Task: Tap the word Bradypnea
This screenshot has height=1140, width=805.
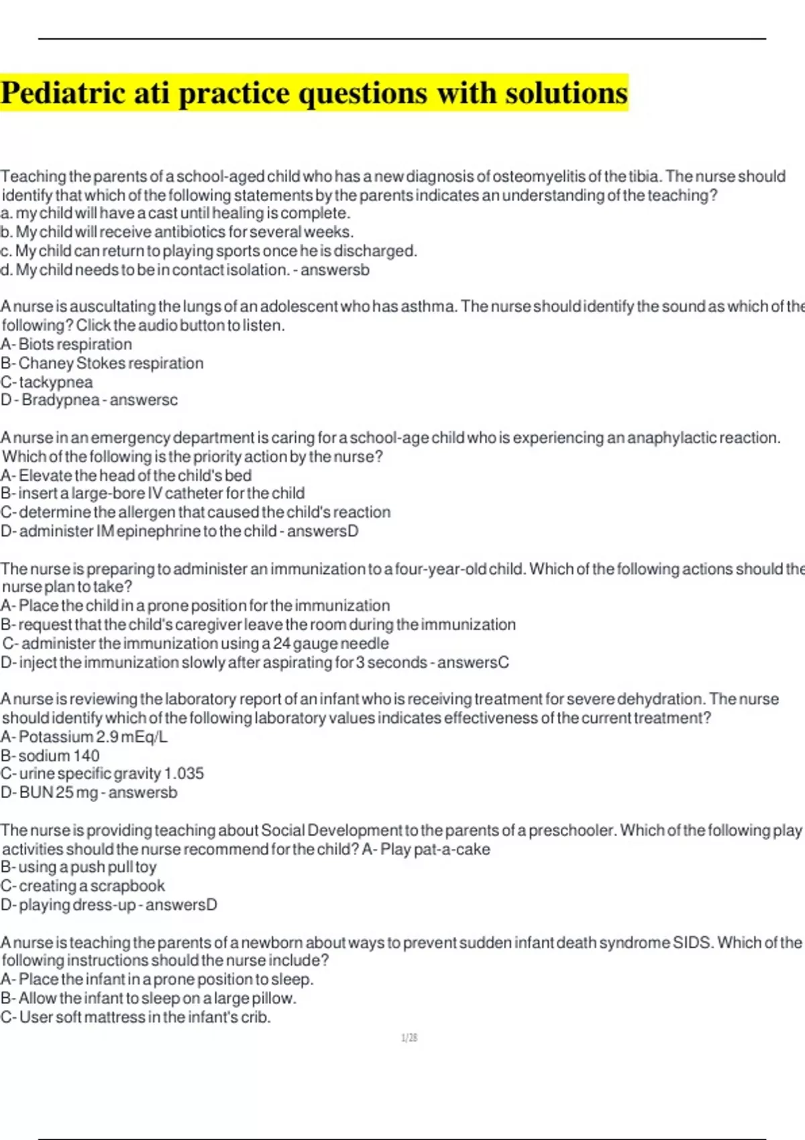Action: [60, 400]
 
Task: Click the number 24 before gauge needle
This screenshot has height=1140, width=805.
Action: [282, 644]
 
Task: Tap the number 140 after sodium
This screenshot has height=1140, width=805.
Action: [87, 756]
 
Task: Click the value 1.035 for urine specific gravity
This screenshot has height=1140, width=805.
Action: [184, 774]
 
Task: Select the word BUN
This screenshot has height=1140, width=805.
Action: [36, 793]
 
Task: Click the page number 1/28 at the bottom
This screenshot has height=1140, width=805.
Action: [409, 1038]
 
